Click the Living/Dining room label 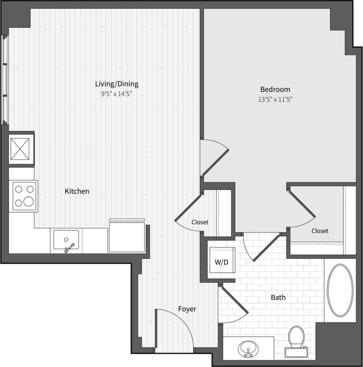(x=117, y=84)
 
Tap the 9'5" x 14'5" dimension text (x=116, y=94)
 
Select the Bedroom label (x=275, y=89)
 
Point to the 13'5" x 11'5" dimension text (x=275, y=100)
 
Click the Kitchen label (x=77, y=191)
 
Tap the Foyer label (x=187, y=309)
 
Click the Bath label (x=278, y=297)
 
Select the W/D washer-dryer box (x=222, y=263)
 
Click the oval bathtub (x=340, y=290)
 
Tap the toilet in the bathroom (x=296, y=338)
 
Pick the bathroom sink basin (x=248, y=349)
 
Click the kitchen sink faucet (x=69, y=248)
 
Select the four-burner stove (x=24, y=196)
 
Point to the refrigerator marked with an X (x=20, y=149)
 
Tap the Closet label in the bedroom (x=320, y=231)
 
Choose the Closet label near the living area (x=200, y=222)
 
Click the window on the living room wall (x=5, y=80)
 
